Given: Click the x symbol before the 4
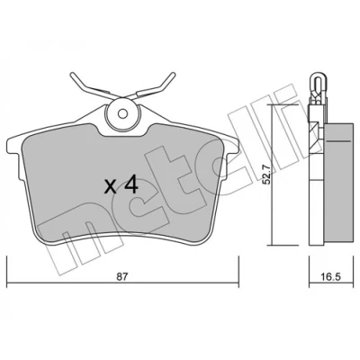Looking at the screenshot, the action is (x=111, y=187).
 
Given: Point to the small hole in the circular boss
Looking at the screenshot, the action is (x=122, y=113).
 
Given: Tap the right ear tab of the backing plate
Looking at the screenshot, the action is (x=231, y=146).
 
